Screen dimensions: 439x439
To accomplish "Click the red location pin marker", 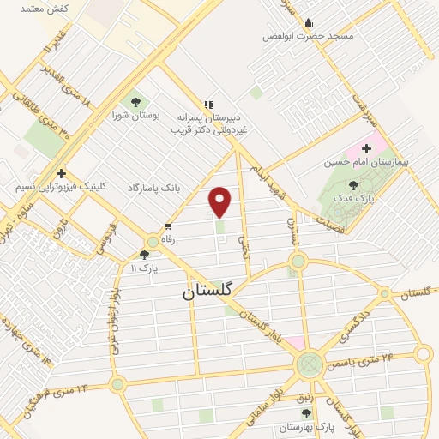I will pyautogui.click(x=220, y=201).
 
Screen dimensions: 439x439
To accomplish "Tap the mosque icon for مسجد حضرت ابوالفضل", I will pyautogui.click(x=309, y=23).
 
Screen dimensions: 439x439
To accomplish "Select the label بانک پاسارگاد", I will pyautogui.click(x=157, y=187).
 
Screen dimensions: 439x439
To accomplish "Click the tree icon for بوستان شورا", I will pyautogui.click(x=135, y=102).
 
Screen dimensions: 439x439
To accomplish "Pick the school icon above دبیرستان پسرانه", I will pyautogui.click(x=207, y=103).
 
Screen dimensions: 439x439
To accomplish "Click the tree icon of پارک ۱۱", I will pyautogui.click(x=144, y=254).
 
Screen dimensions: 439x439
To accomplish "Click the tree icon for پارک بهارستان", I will pyautogui.click(x=306, y=413).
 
